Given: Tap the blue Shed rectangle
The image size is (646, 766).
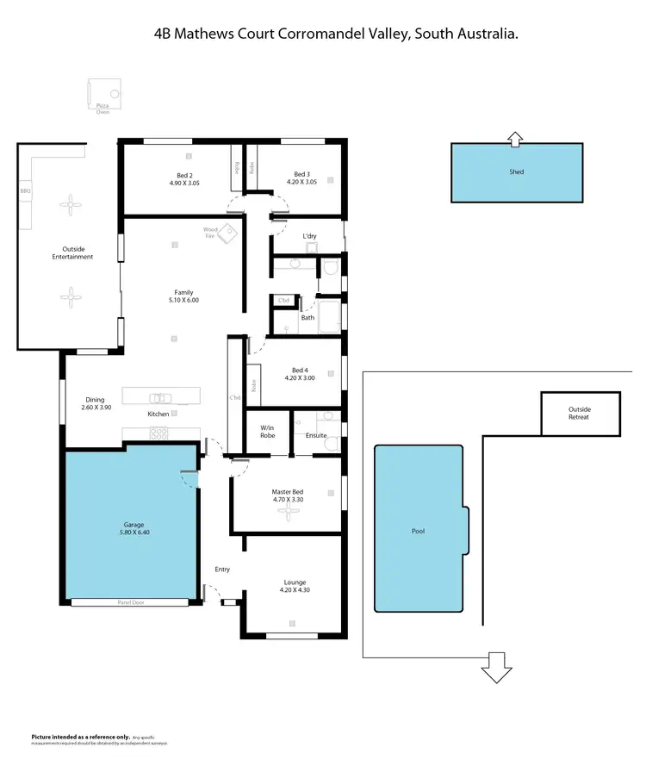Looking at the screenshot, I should [517, 172].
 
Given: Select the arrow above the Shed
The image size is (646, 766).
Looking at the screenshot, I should [515, 137].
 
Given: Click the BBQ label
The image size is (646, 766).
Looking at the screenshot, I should [25, 190].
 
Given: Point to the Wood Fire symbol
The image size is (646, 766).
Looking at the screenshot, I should [227, 234].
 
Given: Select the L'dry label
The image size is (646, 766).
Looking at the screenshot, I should [310, 236].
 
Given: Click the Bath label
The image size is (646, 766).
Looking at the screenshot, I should [307, 318].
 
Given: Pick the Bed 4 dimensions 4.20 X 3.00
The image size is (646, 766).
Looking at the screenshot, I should [300, 377].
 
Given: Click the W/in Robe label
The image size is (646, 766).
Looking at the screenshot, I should [268, 431].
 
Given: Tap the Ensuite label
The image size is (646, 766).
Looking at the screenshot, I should [316, 435].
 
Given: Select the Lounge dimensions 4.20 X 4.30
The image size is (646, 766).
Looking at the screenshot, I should [294, 590].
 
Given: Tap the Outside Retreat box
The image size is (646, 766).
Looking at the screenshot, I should [579, 413].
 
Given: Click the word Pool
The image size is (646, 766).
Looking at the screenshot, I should [418, 531].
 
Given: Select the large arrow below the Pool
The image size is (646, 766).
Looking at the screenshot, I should [496, 668].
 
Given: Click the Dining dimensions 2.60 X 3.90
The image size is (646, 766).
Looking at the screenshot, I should [95, 407].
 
